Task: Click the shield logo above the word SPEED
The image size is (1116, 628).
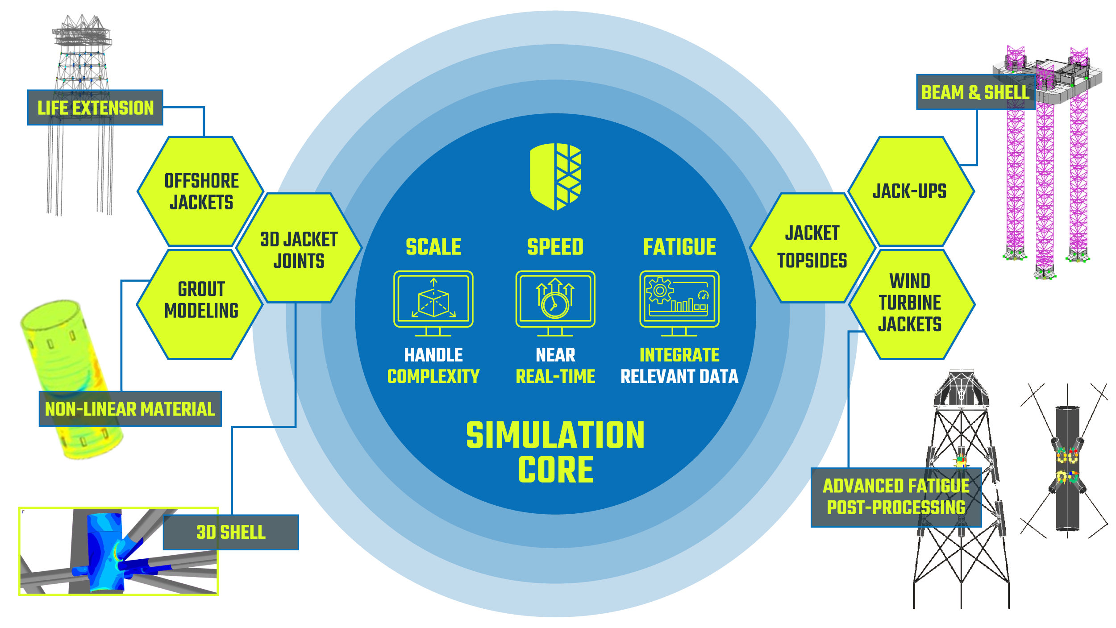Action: click(555, 176)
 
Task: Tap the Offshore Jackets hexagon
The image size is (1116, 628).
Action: click(201, 191)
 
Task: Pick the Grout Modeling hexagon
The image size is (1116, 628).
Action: click(201, 300)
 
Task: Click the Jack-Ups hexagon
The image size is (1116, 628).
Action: click(909, 191)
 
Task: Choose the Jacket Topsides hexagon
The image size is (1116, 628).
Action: click(812, 247)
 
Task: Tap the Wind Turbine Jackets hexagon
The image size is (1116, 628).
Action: click(910, 303)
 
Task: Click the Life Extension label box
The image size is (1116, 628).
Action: click(95, 108)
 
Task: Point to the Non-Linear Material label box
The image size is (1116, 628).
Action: click(130, 409)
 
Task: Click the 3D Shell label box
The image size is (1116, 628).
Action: click(231, 532)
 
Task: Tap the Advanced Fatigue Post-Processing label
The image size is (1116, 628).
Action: click(896, 497)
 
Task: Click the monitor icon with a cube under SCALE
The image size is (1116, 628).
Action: click(433, 303)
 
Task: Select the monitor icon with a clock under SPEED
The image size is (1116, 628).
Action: click(555, 303)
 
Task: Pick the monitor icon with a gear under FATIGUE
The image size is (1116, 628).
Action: click(679, 303)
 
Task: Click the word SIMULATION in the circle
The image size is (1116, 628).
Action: click(555, 435)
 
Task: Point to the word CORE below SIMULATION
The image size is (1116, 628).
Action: click(555, 470)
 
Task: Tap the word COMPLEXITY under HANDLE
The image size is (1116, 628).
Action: click(433, 376)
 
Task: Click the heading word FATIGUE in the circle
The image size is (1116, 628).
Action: click(679, 247)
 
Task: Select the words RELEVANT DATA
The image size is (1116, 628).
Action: click(679, 376)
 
